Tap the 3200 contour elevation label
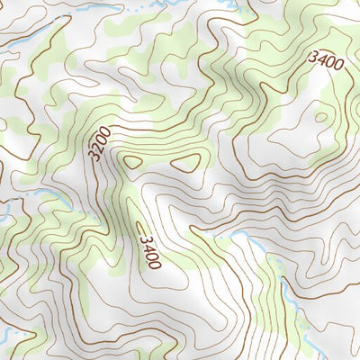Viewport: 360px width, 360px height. click(100, 144)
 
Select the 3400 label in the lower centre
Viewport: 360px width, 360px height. click(149, 251)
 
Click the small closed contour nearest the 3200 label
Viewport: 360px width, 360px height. click(132, 162)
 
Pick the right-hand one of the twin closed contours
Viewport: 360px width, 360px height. click(186, 163)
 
